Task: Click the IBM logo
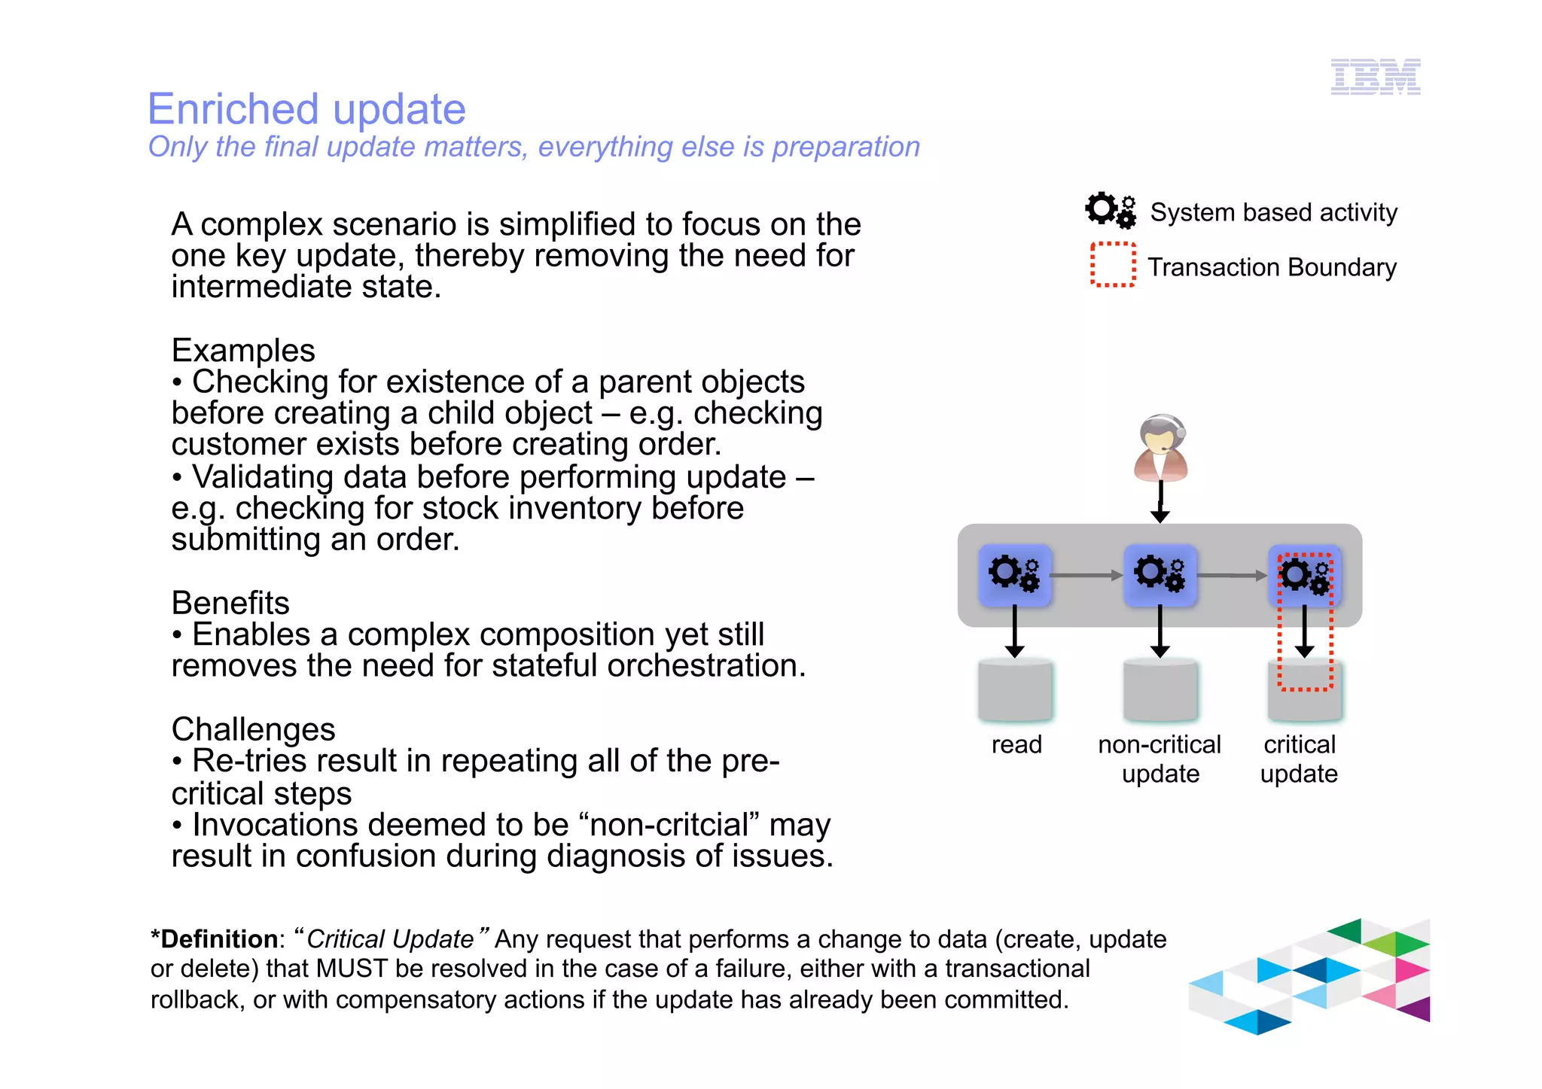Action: (1375, 77)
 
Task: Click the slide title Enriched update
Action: (306, 109)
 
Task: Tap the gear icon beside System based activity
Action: (1110, 210)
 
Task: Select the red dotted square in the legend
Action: (1113, 265)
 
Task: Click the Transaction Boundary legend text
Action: (1271, 267)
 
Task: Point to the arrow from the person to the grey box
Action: (1160, 503)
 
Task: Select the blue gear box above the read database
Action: (1014, 575)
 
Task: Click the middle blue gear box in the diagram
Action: (1160, 575)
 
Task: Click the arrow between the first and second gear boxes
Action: (1086, 576)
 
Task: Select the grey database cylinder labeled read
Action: (1015, 689)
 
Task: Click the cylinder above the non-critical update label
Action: (1160, 689)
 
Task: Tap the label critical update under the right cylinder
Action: (1299, 759)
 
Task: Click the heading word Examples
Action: (242, 351)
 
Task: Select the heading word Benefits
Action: (230, 604)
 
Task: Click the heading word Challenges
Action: (253, 729)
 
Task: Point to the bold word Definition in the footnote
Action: (218, 939)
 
